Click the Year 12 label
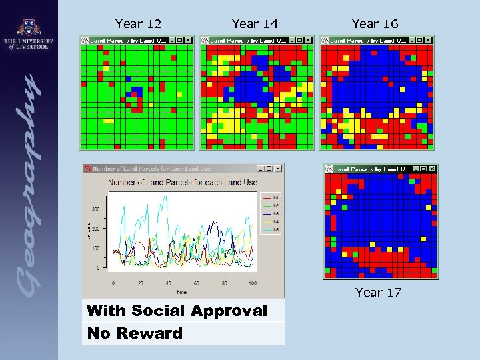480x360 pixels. [x=138, y=24]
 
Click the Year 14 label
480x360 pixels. [x=255, y=24]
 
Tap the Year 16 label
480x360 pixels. [x=375, y=24]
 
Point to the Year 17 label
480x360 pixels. [x=378, y=292]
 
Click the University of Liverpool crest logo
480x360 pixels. [x=28, y=29]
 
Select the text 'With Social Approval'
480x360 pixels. [x=177, y=311]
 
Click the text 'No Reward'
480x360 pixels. [x=135, y=333]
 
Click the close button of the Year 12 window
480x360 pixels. [x=188, y=40]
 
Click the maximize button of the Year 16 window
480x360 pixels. [x=419, y=40]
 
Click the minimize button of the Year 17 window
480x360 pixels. [x=413, y=169]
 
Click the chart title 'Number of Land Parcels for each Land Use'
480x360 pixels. [x=183, y=182]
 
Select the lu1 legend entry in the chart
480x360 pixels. [x=270, y=198]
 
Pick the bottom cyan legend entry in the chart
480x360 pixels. [x=270, y=230]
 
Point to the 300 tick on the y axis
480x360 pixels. [x=96, y=209]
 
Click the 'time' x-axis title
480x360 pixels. [x=182, y=292]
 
